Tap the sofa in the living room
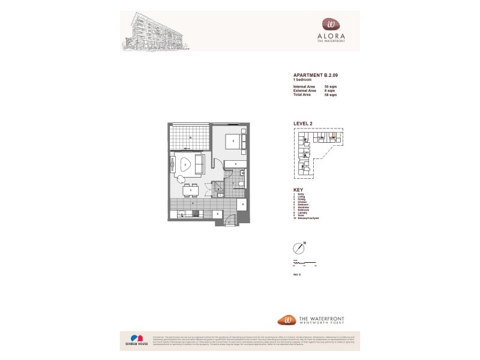tap(199, 163)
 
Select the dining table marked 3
tap(190, 190)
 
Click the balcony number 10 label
tap(190, 137)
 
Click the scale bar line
tap(304, 263)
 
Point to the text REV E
tap(296, 273)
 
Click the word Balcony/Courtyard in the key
tap(310, 218)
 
